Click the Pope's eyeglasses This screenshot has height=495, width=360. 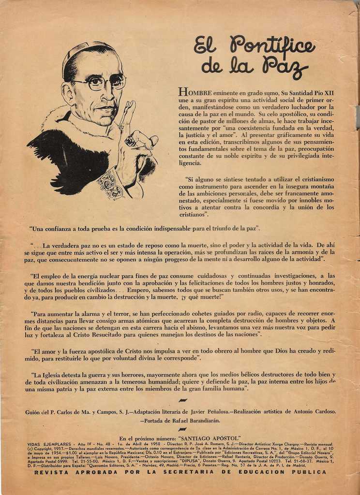[x=103, y=82]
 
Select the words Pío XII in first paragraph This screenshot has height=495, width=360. [x=321, y=93]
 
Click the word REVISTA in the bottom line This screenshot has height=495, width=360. [x=52, y=472]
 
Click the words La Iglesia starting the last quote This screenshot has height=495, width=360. [x=49, y=374]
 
